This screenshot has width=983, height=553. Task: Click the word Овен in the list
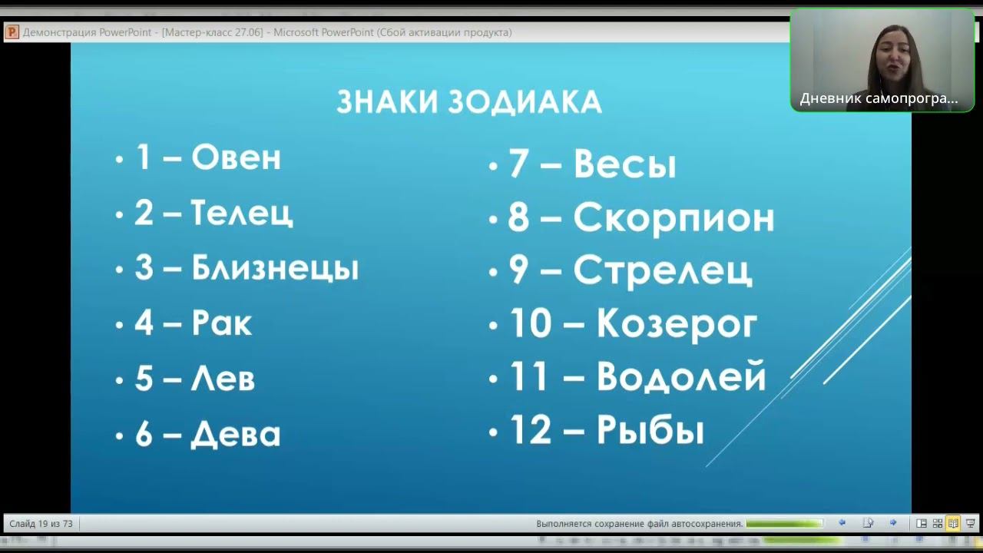coord(236,157)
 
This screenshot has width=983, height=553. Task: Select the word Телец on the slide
coord(241,213)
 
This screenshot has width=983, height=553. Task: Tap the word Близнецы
coord(274,268)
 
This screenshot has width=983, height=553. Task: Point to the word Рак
coord(221,323)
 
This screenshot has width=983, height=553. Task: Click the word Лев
coord(223,379)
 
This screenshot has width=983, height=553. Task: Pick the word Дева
coord(235,434)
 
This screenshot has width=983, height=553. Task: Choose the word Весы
coord(624,164)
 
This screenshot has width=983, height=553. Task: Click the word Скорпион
coord(674,217)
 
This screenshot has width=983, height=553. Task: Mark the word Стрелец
coord(662,270)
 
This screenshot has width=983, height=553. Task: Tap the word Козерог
coord(677,323)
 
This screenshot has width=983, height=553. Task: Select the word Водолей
coord(681,376)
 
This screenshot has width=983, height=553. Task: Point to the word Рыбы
coord(650,430)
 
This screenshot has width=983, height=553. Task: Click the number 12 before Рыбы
coord(531,430)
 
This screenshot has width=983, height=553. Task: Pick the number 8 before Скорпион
coord(518,217)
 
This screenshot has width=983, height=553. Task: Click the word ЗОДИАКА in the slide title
coord(525,102)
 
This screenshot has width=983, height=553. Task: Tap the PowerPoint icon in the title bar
coord(12,32)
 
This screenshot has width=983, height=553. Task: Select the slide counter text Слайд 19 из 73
coord(41,524)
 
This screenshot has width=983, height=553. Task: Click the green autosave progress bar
coord(783,524)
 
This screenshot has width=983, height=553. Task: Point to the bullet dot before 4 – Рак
coord(119,325)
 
